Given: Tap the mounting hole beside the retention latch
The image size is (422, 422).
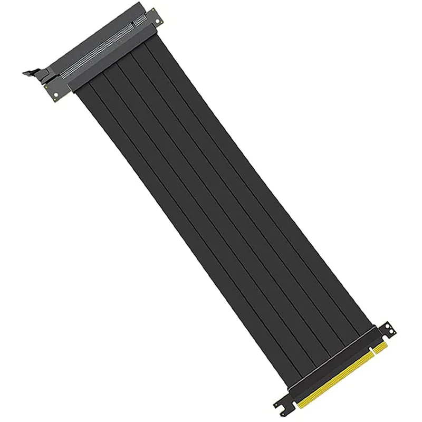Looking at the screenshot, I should (x=54, y=95).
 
